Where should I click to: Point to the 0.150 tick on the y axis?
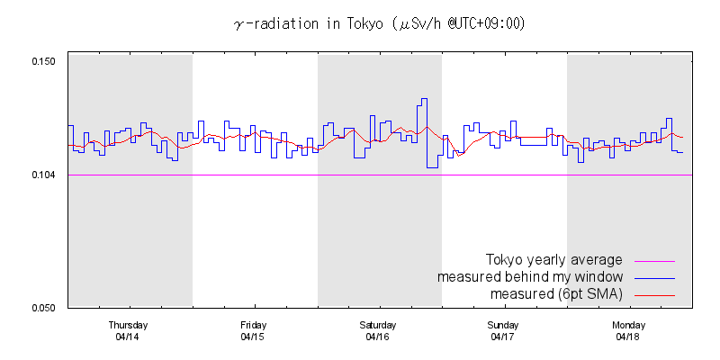43,61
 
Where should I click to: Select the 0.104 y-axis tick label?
43,175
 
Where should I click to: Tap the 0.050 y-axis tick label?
43,308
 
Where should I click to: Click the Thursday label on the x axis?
128,325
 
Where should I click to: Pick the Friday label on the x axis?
253,325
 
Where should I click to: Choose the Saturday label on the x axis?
378,325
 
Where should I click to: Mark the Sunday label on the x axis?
502,325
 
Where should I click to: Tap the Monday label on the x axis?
628,325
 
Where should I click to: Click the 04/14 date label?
128,337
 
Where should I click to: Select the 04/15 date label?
253,337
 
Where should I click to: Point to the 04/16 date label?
378,337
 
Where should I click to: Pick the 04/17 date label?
502,337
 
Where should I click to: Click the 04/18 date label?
628,337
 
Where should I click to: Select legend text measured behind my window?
531,276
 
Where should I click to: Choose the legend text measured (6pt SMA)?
557,294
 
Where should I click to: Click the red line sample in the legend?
654,295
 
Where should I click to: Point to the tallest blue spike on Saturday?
422,99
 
